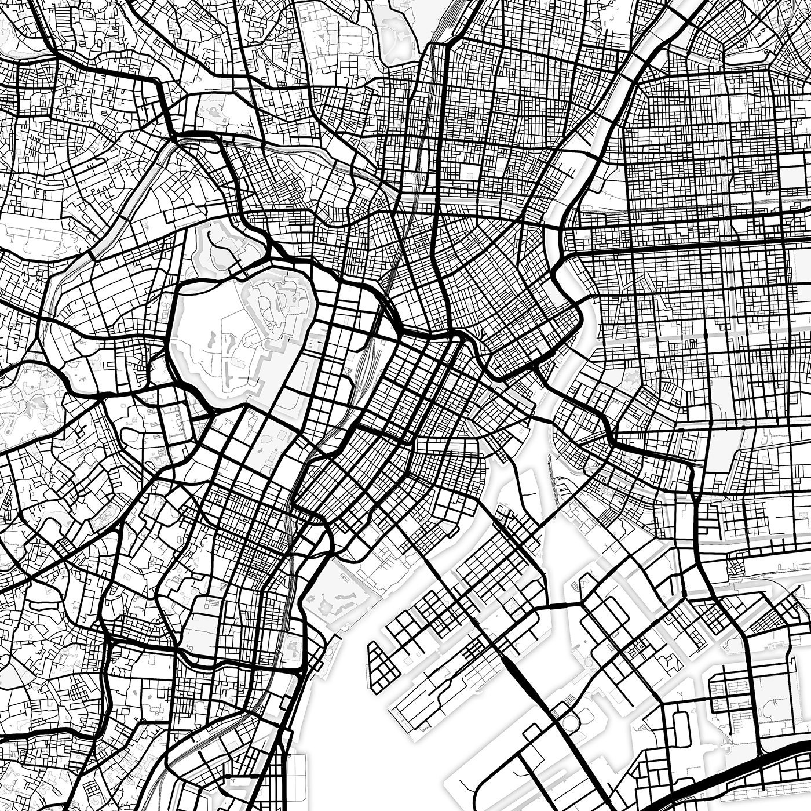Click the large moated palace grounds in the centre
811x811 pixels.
click(x=243, y=336)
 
